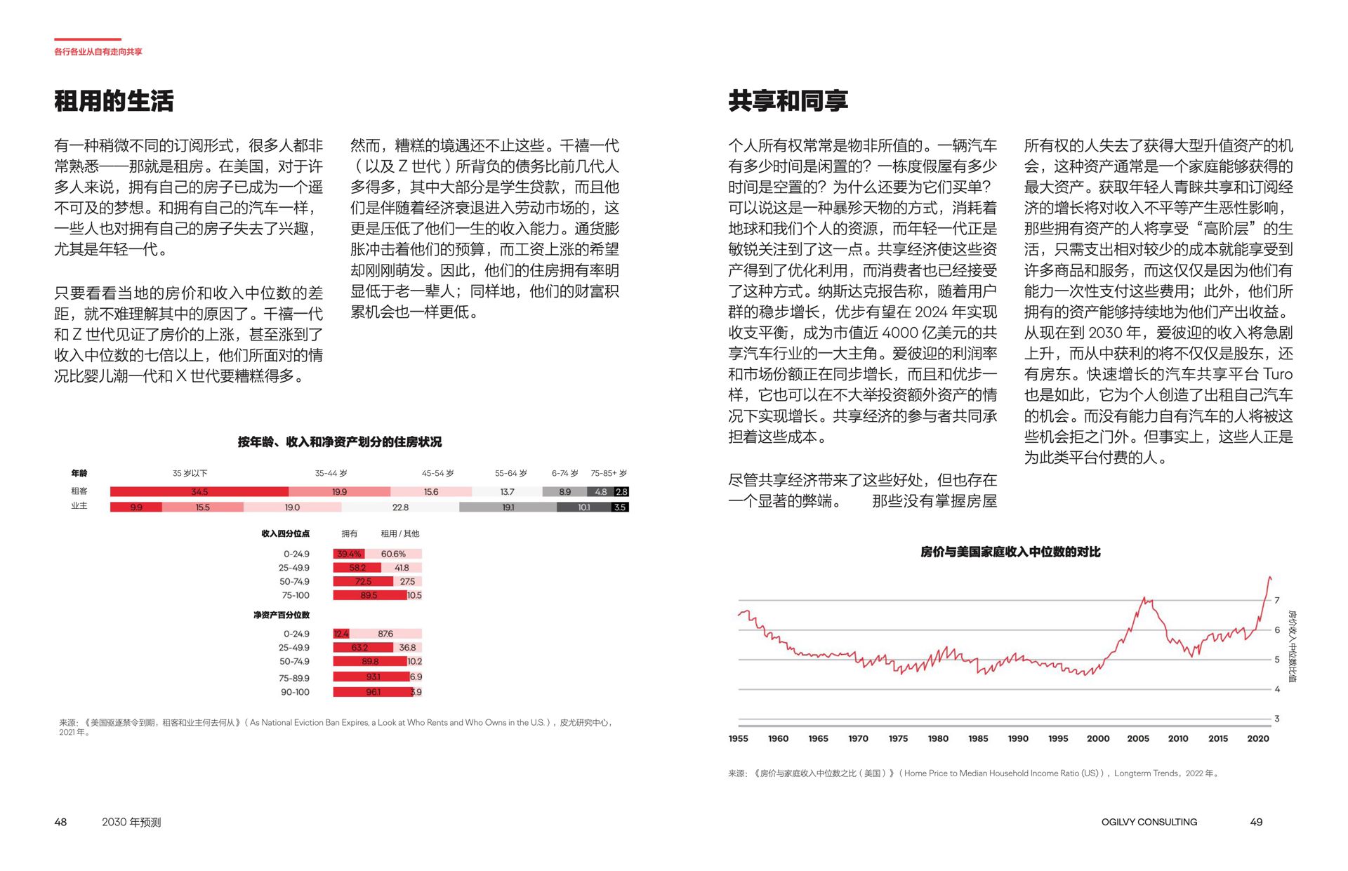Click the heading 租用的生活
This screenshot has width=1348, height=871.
(114, 101)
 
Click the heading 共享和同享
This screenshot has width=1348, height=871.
(788, 101)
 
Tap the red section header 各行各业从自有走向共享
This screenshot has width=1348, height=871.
(98, 51)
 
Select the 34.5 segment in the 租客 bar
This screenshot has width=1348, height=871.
(199, 492)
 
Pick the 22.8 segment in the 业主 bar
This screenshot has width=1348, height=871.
(400, 507)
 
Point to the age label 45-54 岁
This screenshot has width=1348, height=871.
(437, 473)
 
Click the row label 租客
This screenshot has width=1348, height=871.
(79, 491)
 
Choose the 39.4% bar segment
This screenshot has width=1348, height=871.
(349, 554)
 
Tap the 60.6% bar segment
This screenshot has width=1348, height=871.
(393, 554)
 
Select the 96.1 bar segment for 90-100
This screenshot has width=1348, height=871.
(372, 692)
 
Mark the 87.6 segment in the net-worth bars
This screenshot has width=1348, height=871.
(385, 634)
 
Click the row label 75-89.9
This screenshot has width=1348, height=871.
(294, 678)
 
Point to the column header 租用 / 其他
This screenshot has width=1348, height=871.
(400, 533)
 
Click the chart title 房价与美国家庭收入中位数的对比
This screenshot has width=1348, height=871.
(1010, 552)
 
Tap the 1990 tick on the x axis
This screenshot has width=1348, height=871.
(1018, 738)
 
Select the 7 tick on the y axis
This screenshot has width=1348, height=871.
(1277, 600)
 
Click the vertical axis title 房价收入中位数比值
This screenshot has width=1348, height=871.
(1293, 646)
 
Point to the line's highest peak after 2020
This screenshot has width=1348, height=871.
(1269, 578)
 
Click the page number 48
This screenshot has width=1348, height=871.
(61, 822)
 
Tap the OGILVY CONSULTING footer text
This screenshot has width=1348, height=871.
(1149, 822)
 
